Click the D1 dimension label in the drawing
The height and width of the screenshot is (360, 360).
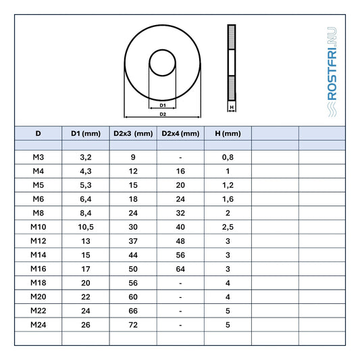(x=163, y=105)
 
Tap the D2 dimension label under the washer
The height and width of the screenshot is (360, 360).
(x=163, y=114)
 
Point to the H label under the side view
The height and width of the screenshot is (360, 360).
(x=232, y=107)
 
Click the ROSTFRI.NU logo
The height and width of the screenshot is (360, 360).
(x=332, y=72)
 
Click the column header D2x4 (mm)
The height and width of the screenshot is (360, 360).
(x=180, y=133)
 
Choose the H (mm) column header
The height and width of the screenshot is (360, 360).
(x=228, y=133)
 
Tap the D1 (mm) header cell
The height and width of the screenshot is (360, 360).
(x=86, y=133)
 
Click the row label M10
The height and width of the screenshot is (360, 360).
(x=38, y=227)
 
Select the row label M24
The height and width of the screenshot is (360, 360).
(x=38, y=325)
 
